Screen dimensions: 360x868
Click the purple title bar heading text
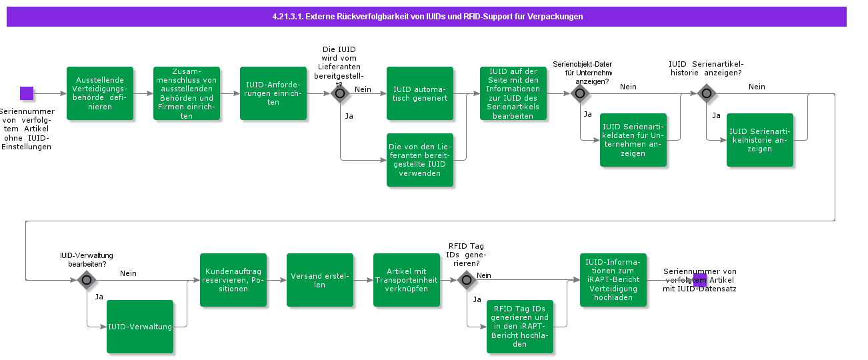pyautogui.click(x=426, y=16)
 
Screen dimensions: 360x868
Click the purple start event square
pyautogui.click(x=27, y=93)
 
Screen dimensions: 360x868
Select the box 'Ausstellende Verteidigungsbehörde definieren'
pyautogui.click(x=100, y=93)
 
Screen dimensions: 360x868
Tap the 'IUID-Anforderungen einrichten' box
pyautogui.click(x=273, y=93)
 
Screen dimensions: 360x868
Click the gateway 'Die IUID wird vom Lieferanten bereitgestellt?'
pyautogui.click(x=340, y=93)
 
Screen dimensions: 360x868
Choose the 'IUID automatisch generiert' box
pyautogui.click(x=420, y=93)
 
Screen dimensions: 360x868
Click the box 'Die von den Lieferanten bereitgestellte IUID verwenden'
pyautogui.click(x=420, y=160)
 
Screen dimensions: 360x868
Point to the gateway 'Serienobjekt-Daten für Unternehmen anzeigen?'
pyautogui.click(x=579, y=93)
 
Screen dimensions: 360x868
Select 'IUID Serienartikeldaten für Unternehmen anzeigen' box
pyautogui.click(x=633, y=140)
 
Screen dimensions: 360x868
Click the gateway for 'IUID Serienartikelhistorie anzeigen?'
pyautogui.click(x=707, y=93)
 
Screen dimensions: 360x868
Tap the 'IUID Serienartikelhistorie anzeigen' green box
pyautogui.click(x=760, y=140)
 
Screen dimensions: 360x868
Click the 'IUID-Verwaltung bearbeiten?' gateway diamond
pyautogui.click(x=87, y=280)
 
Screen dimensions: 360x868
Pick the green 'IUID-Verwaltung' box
pyautogui.click(x=140, y=327)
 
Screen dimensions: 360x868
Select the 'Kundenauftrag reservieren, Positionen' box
pyautogui.click(x=233, y=280)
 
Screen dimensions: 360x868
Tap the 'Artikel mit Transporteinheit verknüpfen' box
pyautogui.click(x=407, y=280)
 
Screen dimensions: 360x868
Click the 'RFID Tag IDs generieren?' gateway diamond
pyautogui.click(x=467, y=280)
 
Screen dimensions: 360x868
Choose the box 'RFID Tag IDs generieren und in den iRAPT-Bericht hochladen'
pyautogui.click(x=520, y=327)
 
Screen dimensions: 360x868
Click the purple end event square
pyautogui.click(x=700, y=279)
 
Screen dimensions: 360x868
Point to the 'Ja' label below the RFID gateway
pyautogui.click(x=477, y=299)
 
